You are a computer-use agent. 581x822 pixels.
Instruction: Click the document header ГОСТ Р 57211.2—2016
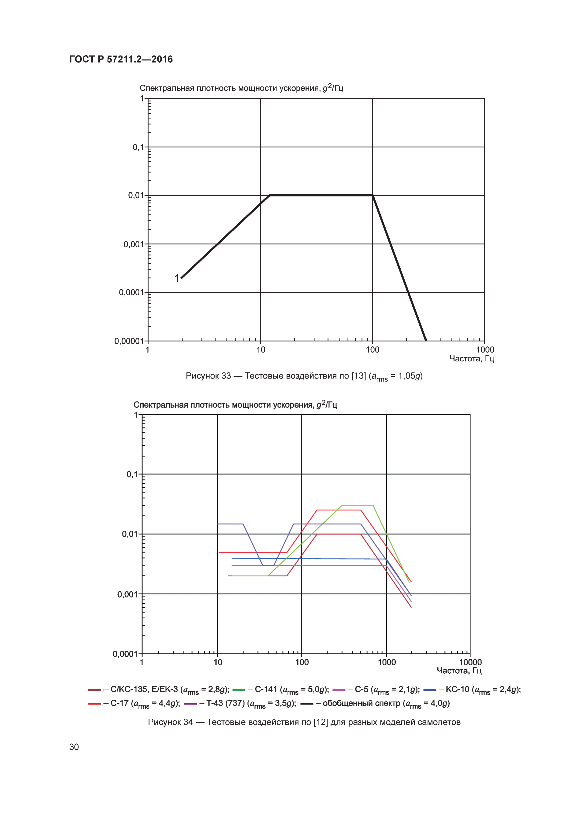coord(121,60)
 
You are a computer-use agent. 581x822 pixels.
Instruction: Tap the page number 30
coord(74,747)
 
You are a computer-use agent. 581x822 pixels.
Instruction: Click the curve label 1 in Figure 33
coord(177,278)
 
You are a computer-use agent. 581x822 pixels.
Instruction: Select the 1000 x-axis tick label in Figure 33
coord(485,350)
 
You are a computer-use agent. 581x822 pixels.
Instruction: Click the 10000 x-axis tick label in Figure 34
coord(470,662)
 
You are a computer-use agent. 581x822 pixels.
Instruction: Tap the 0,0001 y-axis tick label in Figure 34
coord(125,654)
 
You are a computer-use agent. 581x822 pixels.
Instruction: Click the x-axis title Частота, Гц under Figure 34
coord(459,671)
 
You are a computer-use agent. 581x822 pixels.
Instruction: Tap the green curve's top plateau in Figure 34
coord(358,506)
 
